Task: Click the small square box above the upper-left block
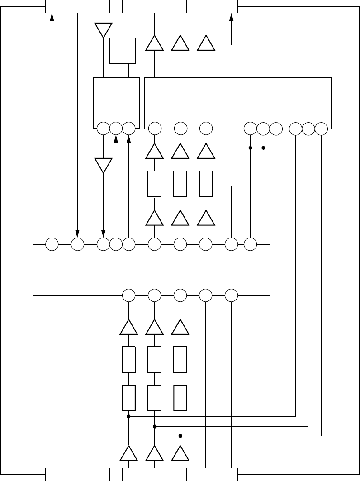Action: click(122, 51)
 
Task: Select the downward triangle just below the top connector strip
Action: click(103, 30)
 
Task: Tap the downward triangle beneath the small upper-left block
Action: click(103, 165)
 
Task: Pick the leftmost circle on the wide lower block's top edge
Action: click(52, 244)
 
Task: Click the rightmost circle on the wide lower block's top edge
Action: click(250, 244)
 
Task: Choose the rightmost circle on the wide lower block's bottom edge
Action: click(231, 295)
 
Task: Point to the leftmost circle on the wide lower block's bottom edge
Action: click(129, 295)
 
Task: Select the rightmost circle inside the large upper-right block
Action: click(321, 129)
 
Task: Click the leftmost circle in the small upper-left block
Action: click(103, 129)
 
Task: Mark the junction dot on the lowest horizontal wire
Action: click(180, 436)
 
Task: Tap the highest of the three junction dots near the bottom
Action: click(129, 416)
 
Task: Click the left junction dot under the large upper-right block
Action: click(250, 148)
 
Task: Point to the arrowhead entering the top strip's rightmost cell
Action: click(231, 17)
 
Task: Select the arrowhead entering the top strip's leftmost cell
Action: click(52, 17)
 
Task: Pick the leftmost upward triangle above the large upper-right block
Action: click(155, 43)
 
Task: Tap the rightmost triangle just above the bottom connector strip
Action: click(180, 453)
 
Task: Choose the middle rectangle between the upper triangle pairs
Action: click(180, 184)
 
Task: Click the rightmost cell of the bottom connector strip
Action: click(231, 474)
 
